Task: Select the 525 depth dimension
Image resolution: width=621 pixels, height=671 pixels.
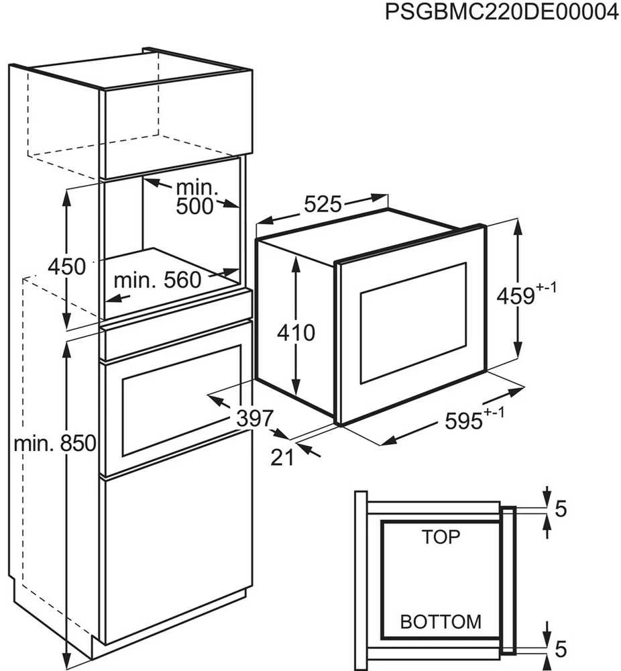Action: click(323, 205)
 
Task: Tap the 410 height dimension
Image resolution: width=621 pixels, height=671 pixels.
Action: click(296, 333)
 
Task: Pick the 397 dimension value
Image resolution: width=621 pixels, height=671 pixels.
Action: click(256, 418)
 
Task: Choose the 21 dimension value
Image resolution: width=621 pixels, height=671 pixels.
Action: click(283, 458)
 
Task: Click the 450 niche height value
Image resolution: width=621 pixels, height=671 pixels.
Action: click(66, 266)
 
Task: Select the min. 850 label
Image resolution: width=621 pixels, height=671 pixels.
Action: click(55, 444)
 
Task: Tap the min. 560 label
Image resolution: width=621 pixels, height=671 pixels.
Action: click(158, 280)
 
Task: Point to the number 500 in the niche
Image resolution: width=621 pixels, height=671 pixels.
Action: click(194, 206)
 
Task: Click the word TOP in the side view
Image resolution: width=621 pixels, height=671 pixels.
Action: click(441, 537)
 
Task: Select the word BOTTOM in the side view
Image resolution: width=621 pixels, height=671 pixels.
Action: click(441, 622)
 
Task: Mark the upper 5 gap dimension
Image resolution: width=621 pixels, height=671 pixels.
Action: click(561, 509)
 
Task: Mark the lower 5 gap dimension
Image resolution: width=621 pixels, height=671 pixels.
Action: click(561, 649)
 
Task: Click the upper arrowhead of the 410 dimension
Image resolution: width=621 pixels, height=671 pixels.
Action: click(296, 264)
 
